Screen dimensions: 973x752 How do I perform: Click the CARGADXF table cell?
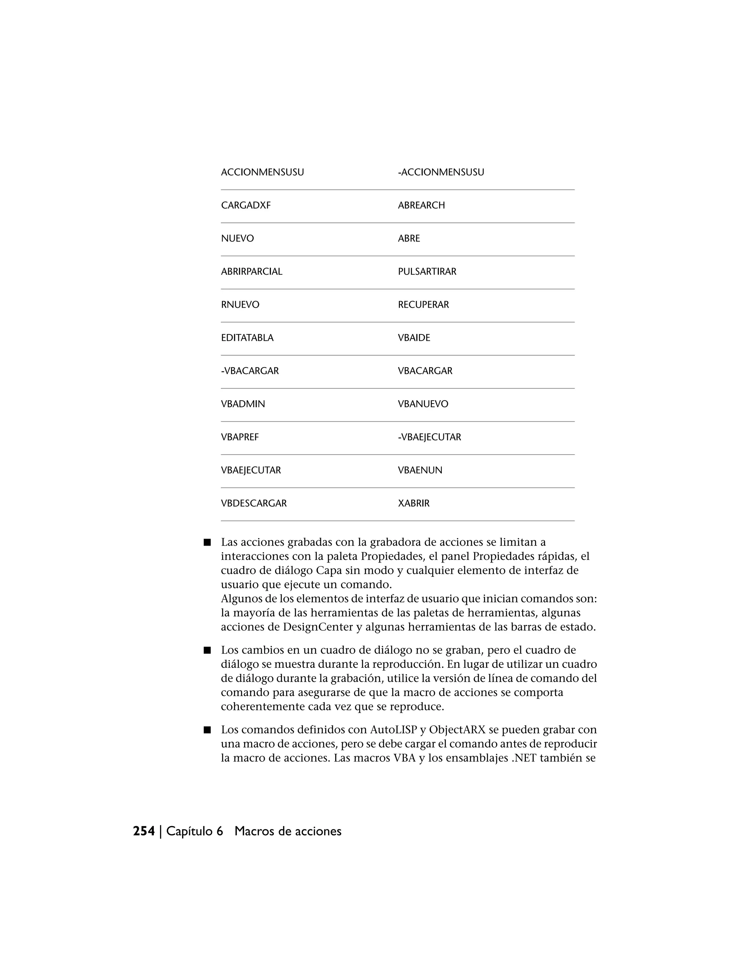(x=246, y=205)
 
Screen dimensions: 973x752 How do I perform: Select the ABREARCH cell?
(x=421, y=205)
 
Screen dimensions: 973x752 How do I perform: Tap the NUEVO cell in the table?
(x=238, y=238)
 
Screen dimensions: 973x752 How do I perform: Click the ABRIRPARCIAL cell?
(x=252, y=272)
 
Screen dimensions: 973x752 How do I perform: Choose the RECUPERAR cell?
(x=423, y=305)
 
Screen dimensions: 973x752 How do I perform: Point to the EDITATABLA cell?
(x=247, y=338)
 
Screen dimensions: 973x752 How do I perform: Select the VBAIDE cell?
(x=414, y=338)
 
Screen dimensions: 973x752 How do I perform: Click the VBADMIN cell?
(x=243, y=404)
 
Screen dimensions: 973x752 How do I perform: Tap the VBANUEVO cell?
(x=423, y=404)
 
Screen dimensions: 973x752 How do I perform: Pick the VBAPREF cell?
(x=240, y=437)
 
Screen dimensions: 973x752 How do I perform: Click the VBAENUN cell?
(x=420, y=470)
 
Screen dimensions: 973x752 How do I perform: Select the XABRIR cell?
(x=413, y=503)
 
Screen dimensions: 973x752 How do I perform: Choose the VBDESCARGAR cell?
(x=254, y=503)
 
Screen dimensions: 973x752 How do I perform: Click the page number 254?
(x=144, y=831)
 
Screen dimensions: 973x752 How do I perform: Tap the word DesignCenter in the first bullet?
(x=318, y=627)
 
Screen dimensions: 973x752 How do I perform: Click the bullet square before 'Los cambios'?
(x=207, y=651)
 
